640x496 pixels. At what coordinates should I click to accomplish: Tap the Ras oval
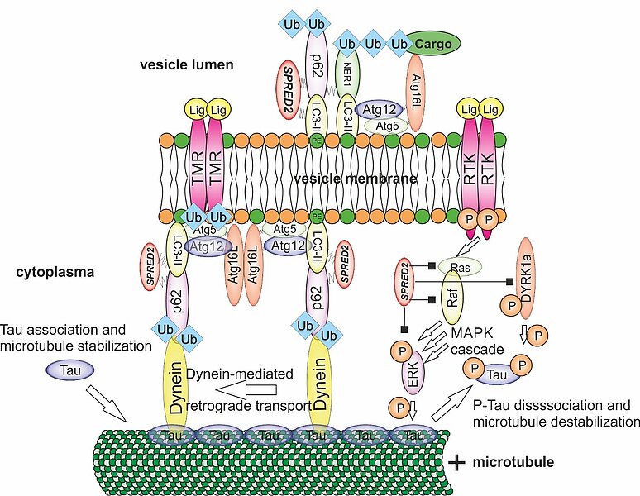point(458,267)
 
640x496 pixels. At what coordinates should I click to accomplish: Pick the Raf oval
point(452,304)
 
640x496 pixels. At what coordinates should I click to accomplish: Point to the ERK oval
point(411,370)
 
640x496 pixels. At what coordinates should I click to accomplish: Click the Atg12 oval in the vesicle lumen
point(379,107)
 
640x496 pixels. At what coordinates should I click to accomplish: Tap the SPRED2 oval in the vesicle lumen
point(290,89)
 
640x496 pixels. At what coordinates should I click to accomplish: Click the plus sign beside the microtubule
point(456,461)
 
